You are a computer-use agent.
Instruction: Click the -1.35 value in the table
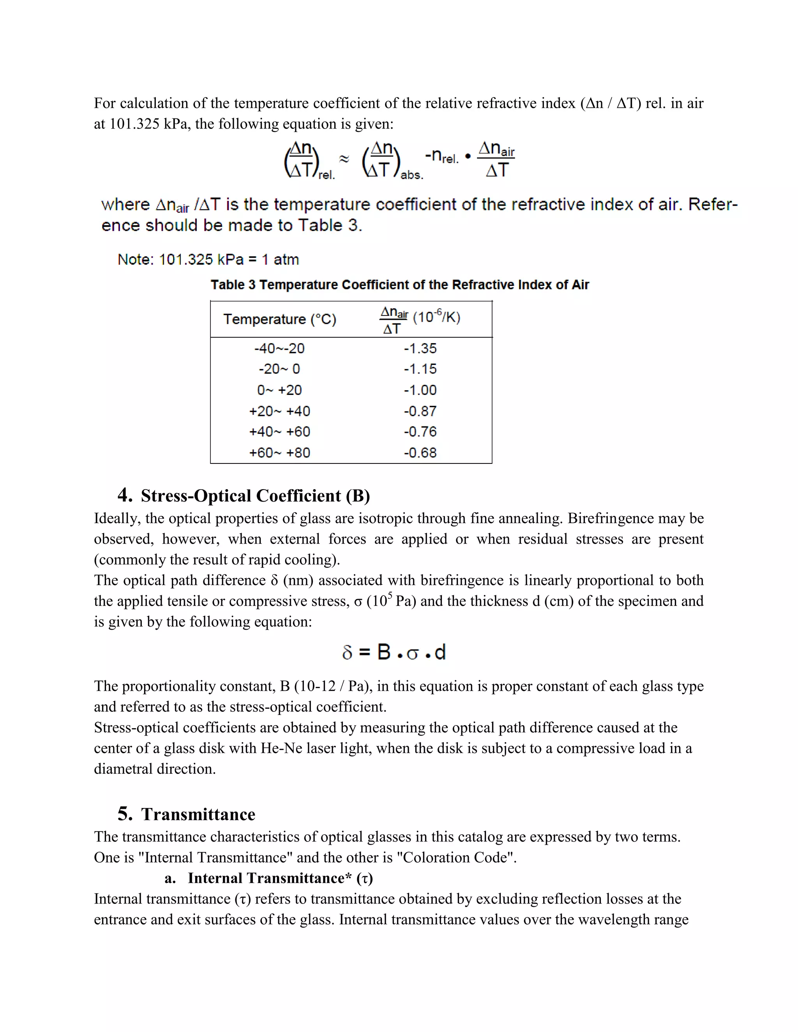420,348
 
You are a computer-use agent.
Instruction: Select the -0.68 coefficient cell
420,453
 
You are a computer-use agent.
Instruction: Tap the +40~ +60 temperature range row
279,431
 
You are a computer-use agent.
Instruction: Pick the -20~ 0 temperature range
279,369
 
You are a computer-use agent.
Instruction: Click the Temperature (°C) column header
279,319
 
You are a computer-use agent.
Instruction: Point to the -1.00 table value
420,390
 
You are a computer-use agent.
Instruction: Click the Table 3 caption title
399,285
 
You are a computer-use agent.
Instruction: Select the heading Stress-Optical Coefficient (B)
255,496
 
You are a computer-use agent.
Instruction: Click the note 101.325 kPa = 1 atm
208,259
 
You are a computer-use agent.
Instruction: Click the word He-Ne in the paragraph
281,748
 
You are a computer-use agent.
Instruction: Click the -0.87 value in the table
420,411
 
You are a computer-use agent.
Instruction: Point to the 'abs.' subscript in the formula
412,175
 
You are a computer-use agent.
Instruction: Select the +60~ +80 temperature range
279,453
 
